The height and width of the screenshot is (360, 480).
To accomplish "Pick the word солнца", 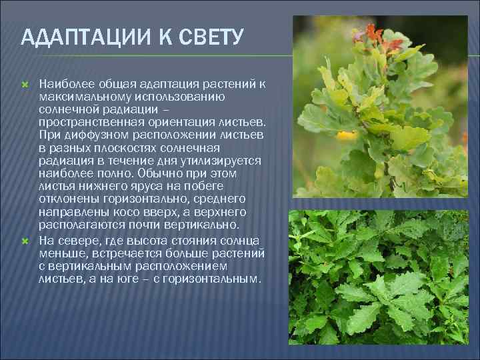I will click(241, 240).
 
